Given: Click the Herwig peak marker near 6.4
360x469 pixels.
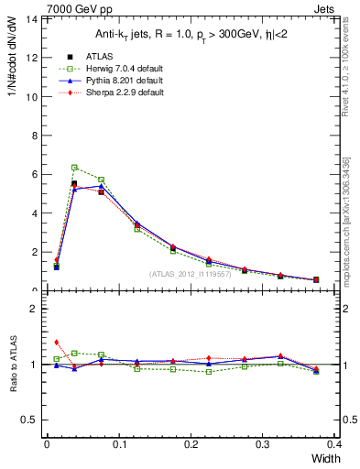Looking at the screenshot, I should (x=74, y=168).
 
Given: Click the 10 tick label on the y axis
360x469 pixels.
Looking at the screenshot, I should (x=32, y=96).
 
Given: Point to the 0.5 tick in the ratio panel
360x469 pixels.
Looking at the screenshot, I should (x=30, y=420).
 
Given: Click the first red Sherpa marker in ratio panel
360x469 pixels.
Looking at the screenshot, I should (x=57, y=342).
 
